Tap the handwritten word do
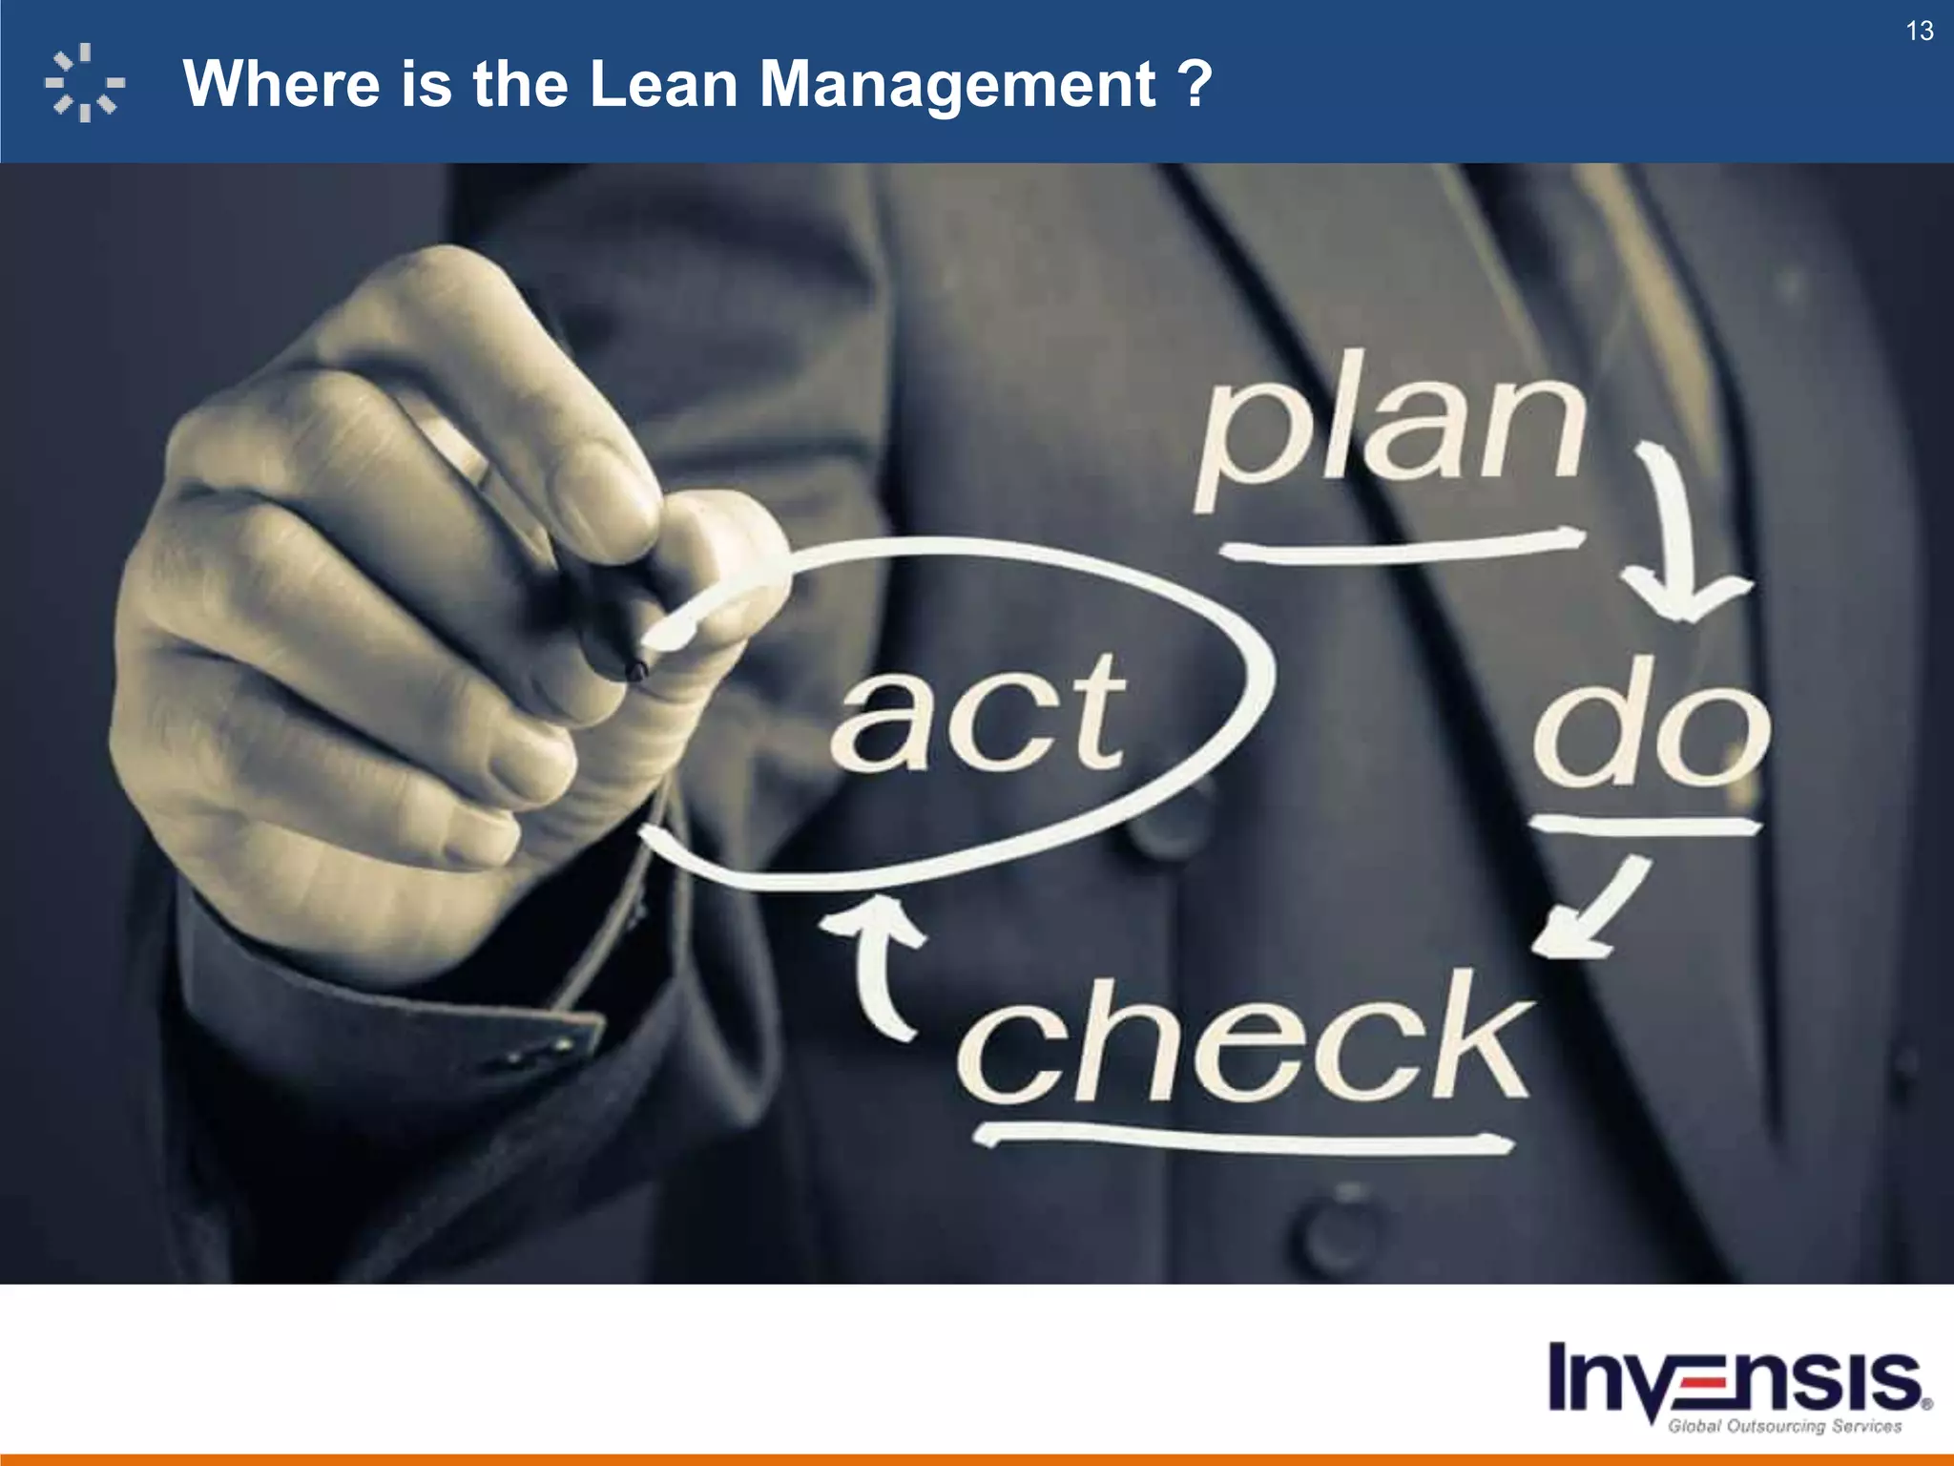(x=1651, y=725)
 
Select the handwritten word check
(x=1245, y=1040)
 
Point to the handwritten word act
(x=978, y=716)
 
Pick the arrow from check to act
(x=878, y=964)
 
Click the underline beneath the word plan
(x=1403, y=547)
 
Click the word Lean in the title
(x=663, y=84)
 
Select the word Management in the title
(x=957, y=84)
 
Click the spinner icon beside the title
(x=85, y=83)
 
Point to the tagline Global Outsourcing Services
(x=1784, y=1426)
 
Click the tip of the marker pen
(x=635, y=670)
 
